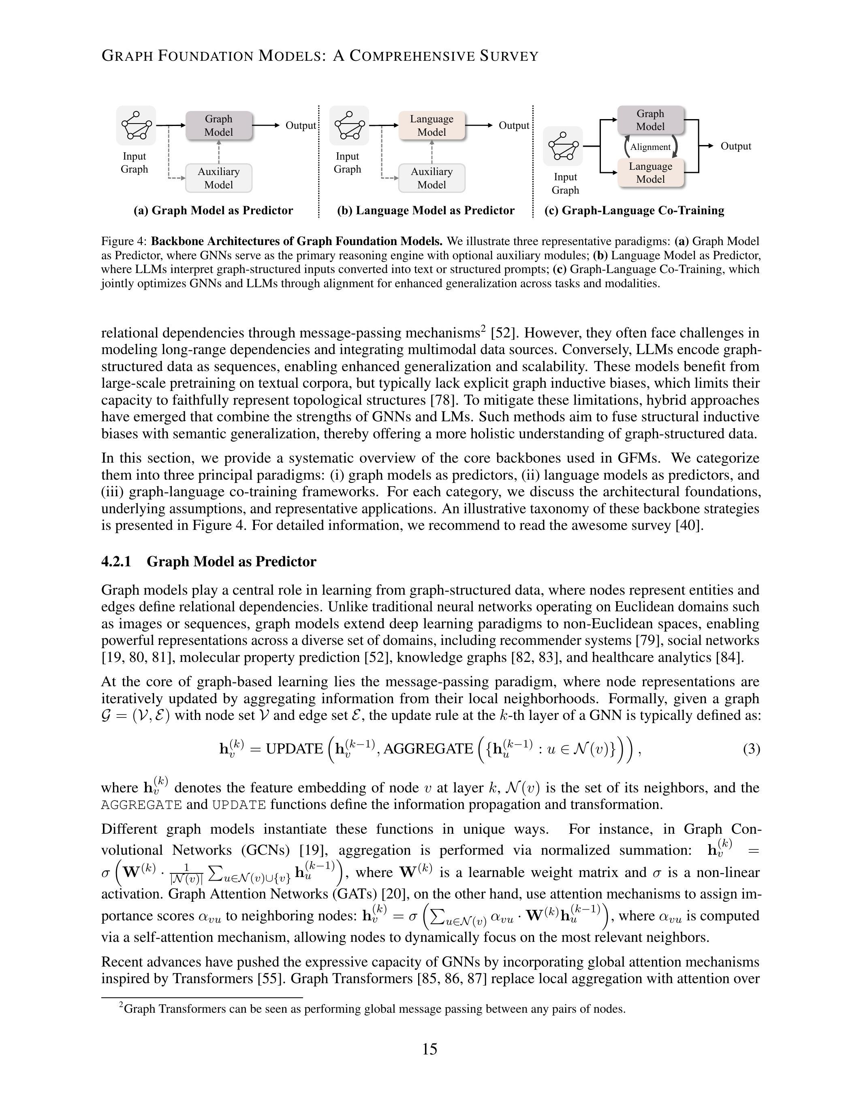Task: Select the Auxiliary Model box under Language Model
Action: pyautogui.click(x=432, y=178)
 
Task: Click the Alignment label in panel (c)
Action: pyautogui.click(x=650, y=147)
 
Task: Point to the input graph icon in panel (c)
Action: pyautogui.click(x=563, y=146)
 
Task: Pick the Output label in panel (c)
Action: pyautogui.click(x=735, y=146)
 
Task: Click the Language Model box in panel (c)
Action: pyautogui.click(x=650, y=173)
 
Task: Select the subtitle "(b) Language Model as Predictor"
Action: pyautogui.click(x=425, y=211)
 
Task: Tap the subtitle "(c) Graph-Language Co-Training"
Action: pyautogui.click(x=634, y=211)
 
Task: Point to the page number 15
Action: pyautogui.click(x=429, y=1049)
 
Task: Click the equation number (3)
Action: pyautogui.click(x=751, y=749)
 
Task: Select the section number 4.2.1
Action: pyautogui.click(x=116, y=561)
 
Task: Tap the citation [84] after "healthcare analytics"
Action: pyautogui.click(x=729, y=657)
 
